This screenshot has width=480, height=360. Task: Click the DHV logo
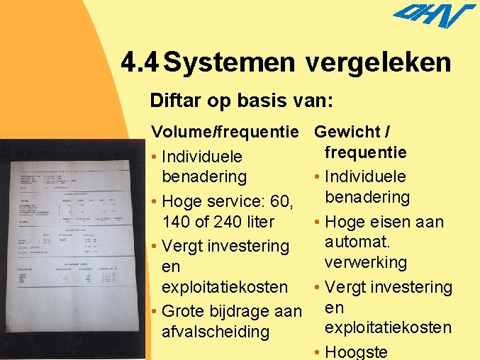[433, 16]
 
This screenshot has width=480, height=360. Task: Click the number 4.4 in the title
[139, 63]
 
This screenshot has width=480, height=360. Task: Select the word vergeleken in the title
[379, 63]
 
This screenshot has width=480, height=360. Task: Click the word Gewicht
[347, 132]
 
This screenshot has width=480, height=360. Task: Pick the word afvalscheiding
[216, 332]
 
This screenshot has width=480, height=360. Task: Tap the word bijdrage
[238, 311]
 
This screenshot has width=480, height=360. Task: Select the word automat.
[357, 242]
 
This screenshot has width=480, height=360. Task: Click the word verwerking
[366, 262]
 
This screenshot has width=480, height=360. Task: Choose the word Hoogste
[357, 352]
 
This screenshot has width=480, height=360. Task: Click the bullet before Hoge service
[155, 202]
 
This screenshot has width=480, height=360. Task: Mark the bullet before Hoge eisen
[317, 223]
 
